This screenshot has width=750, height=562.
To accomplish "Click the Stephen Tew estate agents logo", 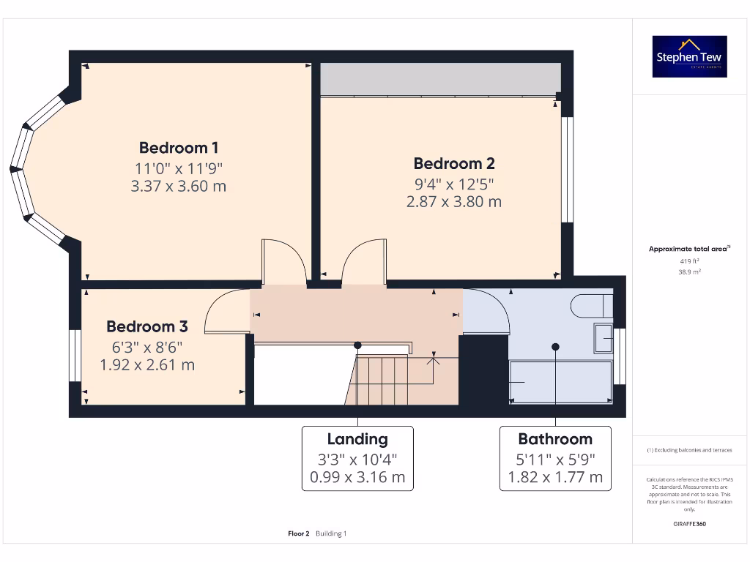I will [689, 56].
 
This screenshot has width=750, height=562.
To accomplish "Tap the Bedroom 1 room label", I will [179, 147].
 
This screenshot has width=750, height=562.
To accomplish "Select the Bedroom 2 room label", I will [454, 163].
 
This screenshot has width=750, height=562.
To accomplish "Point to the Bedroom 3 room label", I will [147, 326].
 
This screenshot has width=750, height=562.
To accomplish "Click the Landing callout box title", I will [357, 439].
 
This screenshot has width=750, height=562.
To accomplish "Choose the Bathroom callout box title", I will [555, 439].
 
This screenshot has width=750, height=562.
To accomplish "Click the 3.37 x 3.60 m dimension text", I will [179, 186].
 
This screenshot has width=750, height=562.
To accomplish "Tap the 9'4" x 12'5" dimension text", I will [454, 183].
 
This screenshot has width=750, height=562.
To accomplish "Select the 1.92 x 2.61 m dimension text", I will [147, 364].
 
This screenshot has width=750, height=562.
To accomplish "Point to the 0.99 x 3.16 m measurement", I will [357, 478].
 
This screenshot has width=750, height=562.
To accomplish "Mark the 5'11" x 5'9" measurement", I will [555, 460].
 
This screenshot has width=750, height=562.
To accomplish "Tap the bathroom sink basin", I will [603, 338].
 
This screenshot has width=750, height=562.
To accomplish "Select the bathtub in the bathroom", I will [560, 381].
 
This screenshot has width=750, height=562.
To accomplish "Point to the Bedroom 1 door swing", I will [285, 261].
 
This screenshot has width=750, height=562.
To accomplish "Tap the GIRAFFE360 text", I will [689, 524].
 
